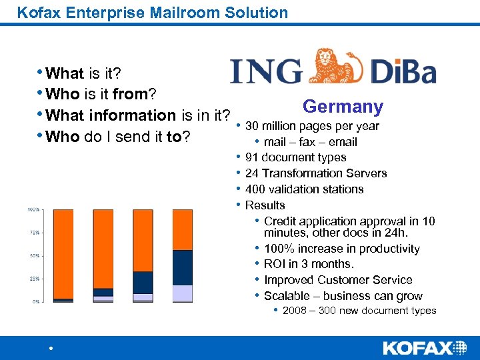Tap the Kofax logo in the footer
click(x=425, y=347)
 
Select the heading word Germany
click(x=343, y=107)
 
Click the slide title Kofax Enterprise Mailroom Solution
click(x=153, y=12)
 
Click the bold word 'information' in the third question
click(x=111, y=115)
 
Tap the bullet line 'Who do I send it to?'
click(x=115, y=137)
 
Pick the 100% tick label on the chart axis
click(x=33, y=209)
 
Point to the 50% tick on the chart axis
click(x=34, y=255)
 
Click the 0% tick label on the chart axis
click(x=35, y=301)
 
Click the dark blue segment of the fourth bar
click(x=182, y=267)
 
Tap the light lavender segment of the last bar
click(x=182, y=293)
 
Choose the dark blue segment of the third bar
click(x=143, y=282)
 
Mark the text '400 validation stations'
click(x=304, y=189)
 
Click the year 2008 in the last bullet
click(x=295, y=311)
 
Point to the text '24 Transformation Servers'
click(x=315, y=173)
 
